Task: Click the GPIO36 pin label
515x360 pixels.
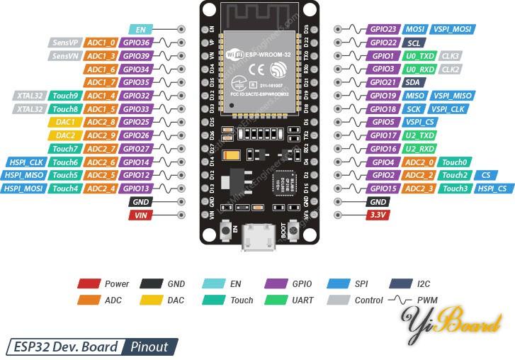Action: [x=135, y=43]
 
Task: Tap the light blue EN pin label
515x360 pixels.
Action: [x=140, y=29]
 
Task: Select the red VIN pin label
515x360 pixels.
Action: [x=140, y=215]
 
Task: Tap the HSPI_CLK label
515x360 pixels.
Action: [x=26, y=162]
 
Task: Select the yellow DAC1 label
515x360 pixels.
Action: [x=64, y=122]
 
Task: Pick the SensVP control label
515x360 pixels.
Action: [x=64, y=43]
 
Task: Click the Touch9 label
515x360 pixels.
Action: [x=64, y=96]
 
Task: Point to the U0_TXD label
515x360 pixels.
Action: [x=420, y=56]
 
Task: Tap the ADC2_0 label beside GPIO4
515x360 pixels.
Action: [x=420, y=162]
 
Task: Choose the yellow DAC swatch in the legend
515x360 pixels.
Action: [x=149, y=300]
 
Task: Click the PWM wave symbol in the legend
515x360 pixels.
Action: [x=399, y=300]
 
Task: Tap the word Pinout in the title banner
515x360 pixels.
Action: [x=149, y=347]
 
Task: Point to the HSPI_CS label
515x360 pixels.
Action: [x=492, y=189]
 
